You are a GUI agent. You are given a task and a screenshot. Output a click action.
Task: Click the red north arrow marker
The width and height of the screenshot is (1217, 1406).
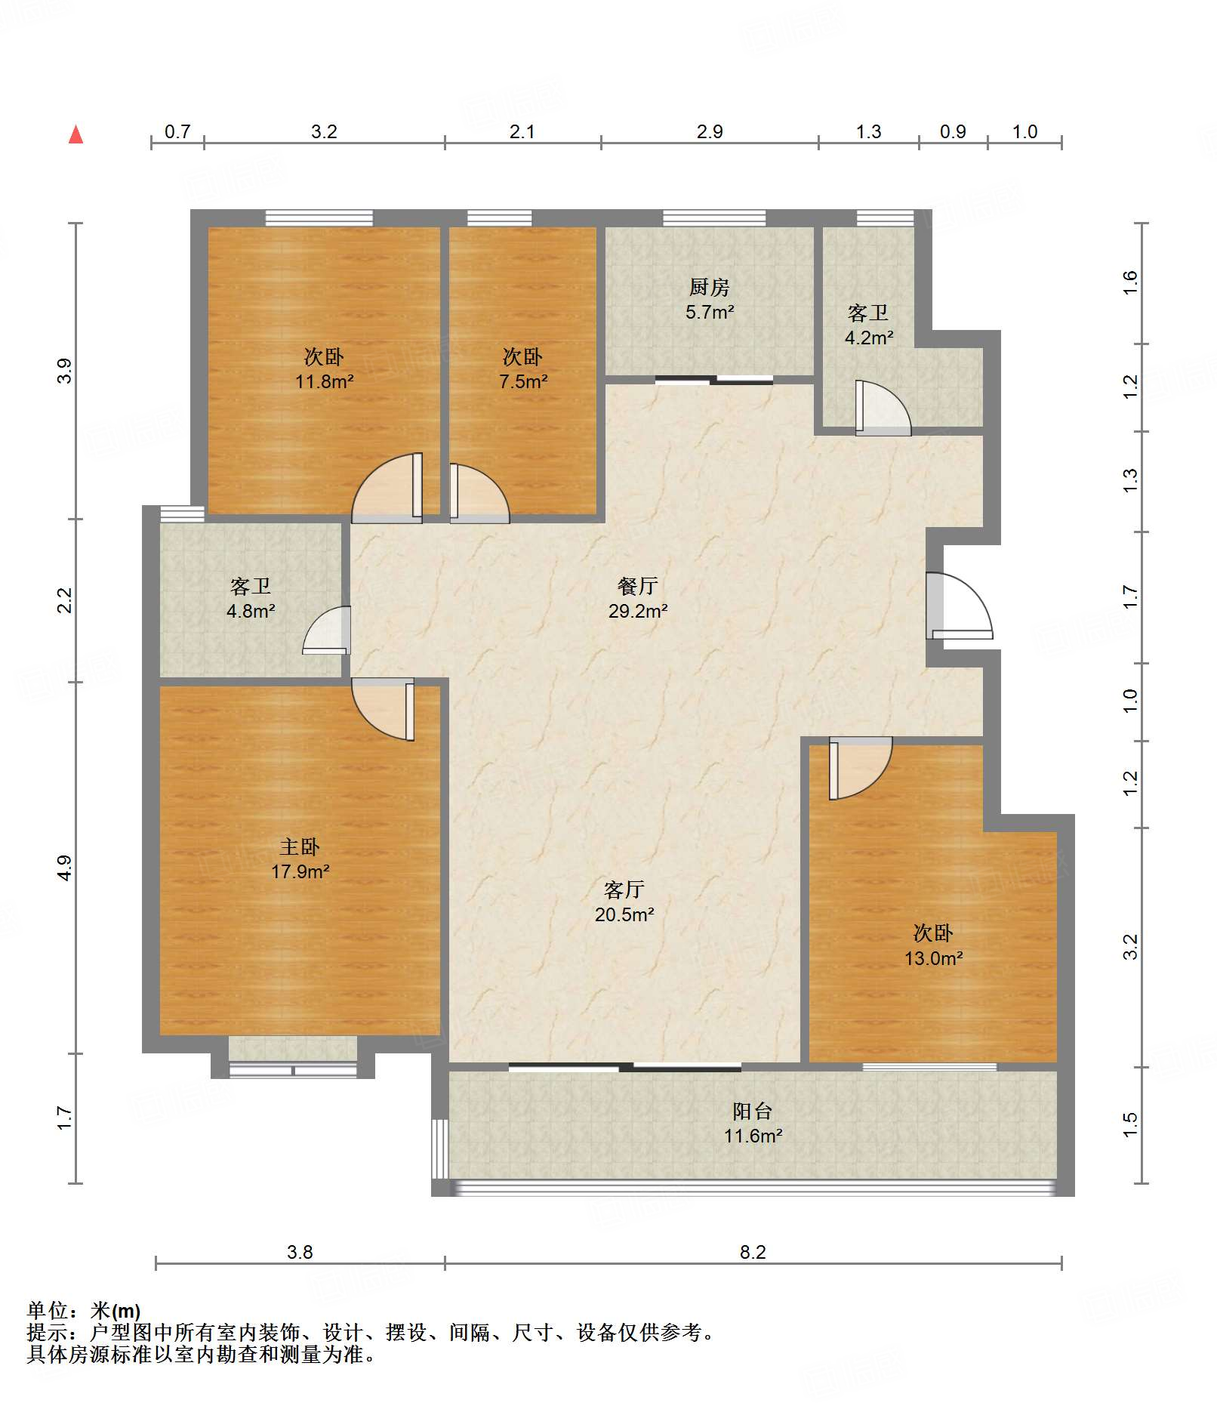pos(75,134)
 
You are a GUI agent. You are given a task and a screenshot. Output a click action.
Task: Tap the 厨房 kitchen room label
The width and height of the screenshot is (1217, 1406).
pos(710,287)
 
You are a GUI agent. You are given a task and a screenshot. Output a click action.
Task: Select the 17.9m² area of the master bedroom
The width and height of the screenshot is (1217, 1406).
pos(300,871)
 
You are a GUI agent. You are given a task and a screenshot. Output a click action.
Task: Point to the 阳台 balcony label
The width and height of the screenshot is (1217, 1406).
pos(753,1111)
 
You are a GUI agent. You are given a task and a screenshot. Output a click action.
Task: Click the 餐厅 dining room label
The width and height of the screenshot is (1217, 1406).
pos(638,585)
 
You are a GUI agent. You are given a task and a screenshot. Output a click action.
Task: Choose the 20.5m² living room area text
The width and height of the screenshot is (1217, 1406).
pos(624,914)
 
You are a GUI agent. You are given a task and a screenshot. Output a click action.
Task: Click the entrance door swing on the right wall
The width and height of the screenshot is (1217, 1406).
pos(959,606)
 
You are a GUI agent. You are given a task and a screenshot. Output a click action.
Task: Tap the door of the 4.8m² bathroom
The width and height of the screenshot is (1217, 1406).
pos(327,630)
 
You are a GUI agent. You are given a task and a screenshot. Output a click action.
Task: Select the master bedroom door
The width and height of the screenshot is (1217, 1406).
pos(384,709)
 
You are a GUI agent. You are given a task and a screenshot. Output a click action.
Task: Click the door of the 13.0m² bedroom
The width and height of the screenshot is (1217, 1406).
pos(861,768)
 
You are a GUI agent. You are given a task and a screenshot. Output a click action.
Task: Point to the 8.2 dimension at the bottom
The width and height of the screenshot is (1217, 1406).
pos(753,1252)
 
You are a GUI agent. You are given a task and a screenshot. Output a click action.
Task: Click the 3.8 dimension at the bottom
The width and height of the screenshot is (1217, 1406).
pos(300,1252)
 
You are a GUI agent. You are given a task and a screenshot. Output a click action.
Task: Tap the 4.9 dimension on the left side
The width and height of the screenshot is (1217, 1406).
pos(64,867)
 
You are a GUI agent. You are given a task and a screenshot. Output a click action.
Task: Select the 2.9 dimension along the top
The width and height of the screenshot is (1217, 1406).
pos(710,131)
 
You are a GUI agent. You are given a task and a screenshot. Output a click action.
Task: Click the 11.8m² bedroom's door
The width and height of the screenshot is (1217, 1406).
pos(387,488)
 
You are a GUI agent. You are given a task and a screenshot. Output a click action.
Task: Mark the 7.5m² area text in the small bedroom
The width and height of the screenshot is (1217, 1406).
pos(523,381)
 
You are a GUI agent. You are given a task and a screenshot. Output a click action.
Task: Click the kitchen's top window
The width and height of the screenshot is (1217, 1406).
pos(714,218)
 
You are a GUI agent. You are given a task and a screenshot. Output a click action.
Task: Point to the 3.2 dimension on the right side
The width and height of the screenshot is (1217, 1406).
pos(1130,947)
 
